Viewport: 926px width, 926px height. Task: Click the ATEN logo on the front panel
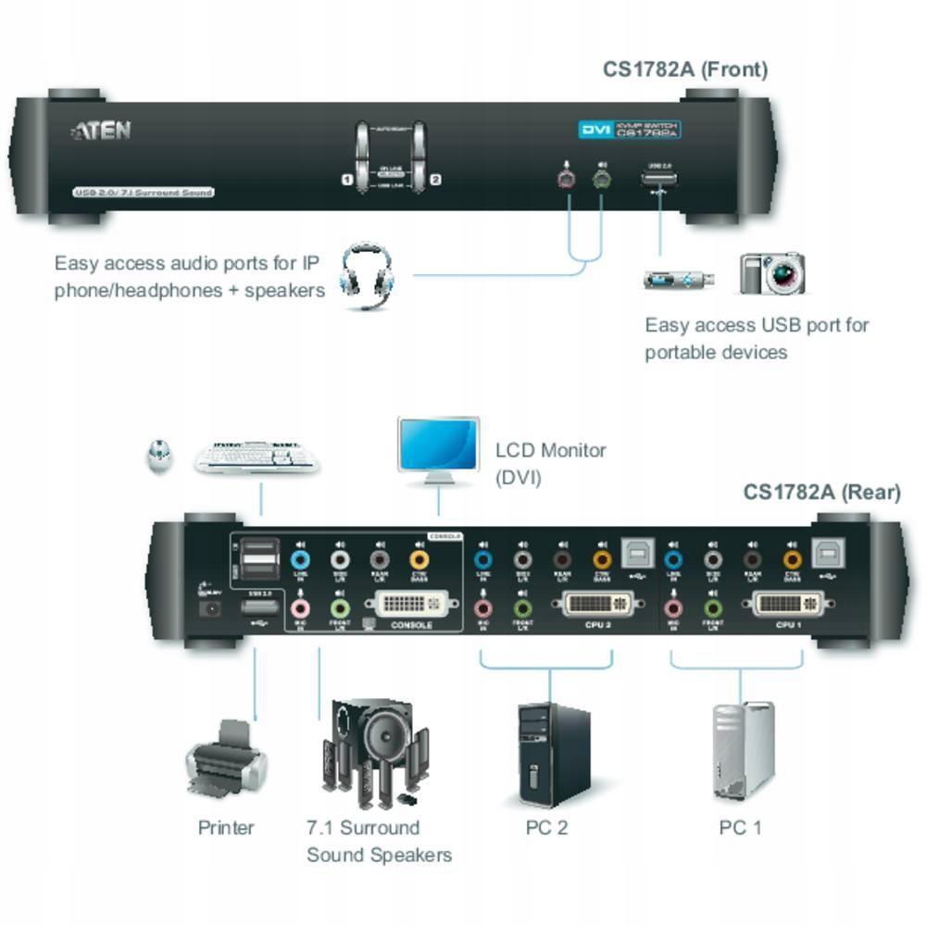102,131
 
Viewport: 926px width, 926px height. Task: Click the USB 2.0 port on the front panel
658,179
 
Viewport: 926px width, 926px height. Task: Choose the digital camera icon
772,273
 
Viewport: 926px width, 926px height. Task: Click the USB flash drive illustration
679,279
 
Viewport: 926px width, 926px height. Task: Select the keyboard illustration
257,456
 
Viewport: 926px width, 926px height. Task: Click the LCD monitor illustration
438,449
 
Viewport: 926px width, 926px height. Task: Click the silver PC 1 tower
742,752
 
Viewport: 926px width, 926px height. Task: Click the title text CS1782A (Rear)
821,492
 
